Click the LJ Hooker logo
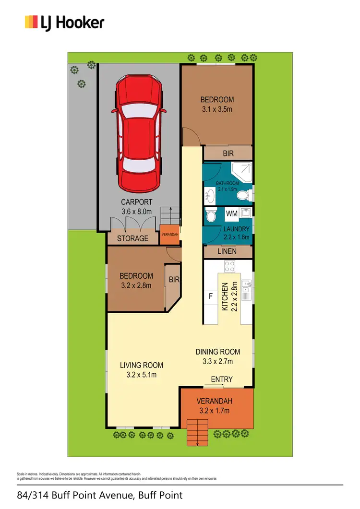coord(64,22)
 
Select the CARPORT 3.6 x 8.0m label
coord(136,207)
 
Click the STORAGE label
coord(132,238)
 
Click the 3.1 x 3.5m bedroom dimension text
coord(217,109)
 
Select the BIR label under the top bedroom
coord(228,154)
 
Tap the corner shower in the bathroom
coord(243,172)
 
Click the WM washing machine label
coord(231,212)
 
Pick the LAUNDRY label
coord(237,229)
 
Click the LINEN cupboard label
coord(228,251)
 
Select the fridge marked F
coord(210,296)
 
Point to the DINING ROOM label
coord(217,352)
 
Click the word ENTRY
coord(222,379)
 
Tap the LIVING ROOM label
coord(141,366)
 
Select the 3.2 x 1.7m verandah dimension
coord(214,411)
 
